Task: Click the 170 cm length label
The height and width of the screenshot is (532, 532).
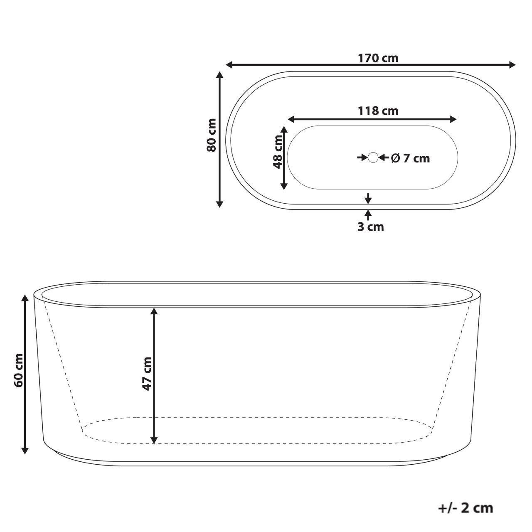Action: (378, 58)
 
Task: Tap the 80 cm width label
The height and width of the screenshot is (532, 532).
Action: (212, 135)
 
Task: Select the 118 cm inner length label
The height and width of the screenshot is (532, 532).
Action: (378, 111)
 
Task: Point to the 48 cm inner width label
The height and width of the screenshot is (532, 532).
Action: (278, 151)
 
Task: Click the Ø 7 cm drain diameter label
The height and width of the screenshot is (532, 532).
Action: (410, 158)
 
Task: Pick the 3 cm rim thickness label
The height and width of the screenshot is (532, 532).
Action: (370, 227)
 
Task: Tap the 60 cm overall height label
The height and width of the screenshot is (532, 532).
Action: (18, 370)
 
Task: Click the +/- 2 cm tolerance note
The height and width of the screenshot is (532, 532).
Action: (465, 507)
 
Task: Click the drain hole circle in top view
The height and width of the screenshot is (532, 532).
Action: (373, 158)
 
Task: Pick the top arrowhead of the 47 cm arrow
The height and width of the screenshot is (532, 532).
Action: (154, 311)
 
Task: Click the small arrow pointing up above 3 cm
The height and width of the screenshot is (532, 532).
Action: (368, 214)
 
